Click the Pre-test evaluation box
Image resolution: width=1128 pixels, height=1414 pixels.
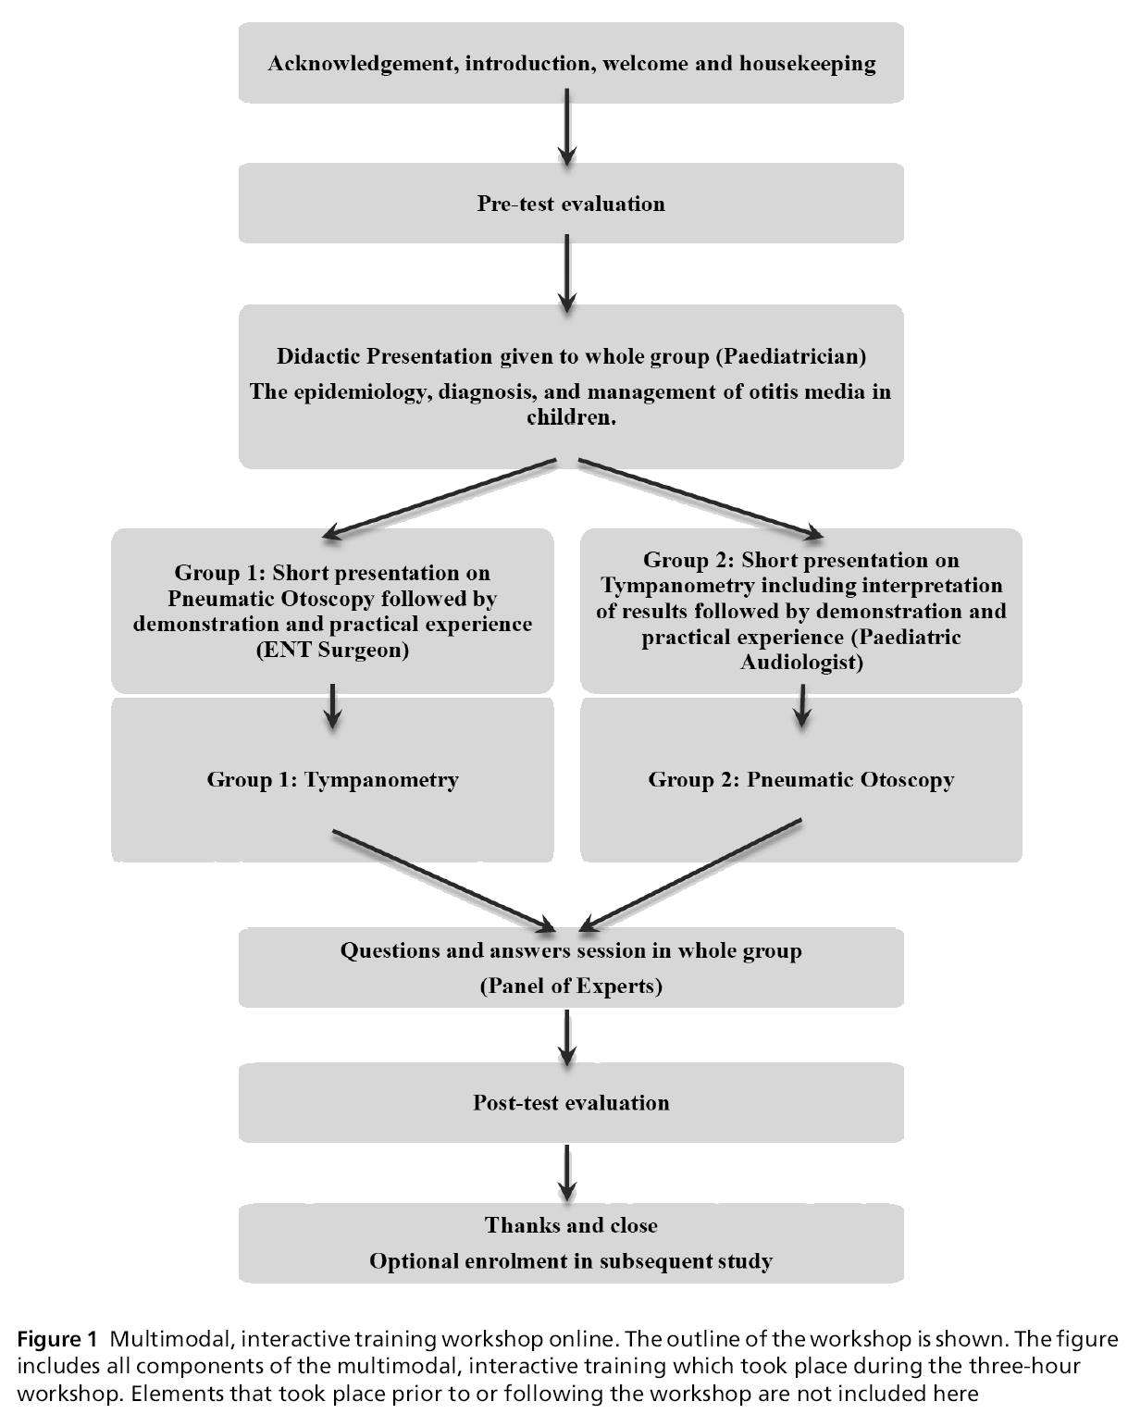click(571, 204)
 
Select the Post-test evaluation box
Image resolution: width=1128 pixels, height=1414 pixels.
click(571, 1102)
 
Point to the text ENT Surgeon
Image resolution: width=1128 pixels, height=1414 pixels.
click(332, 650)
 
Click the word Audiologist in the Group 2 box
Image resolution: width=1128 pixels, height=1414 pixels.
click(801, 663)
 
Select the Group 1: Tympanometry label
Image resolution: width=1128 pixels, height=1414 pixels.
click(332, 779)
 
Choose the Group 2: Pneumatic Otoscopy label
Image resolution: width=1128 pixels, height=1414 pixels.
click(801, 779)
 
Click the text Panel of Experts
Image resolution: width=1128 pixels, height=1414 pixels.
click(571, 986)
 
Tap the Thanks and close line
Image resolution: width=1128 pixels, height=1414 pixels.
click(571, 1225)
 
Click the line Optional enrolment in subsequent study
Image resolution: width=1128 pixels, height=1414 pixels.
click(571, 1260)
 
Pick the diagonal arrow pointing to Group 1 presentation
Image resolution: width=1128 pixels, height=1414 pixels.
click(440, 498)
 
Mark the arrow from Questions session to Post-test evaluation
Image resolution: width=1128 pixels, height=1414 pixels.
click(567, 1036)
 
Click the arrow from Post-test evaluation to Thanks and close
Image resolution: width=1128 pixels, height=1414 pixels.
click(567, 1173)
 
